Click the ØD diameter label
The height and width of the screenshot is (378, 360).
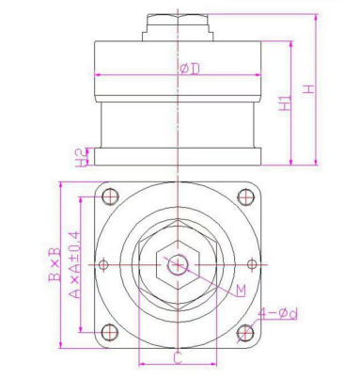tap(190, 69)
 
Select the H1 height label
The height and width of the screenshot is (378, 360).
tap(285, 102)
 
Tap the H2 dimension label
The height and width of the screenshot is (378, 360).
tap(82, 158)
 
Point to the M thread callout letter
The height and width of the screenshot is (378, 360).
tap(241, 291)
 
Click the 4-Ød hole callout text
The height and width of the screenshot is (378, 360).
tap(278, 313)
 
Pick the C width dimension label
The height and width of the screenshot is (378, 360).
tap(178, 357)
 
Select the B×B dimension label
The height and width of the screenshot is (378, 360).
tap(54, 264)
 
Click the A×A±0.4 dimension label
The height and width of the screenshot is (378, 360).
tap(74, 264)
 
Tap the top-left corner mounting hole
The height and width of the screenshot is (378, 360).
tap(110, 197)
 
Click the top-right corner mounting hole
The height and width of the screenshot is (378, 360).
tap(245, 197)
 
